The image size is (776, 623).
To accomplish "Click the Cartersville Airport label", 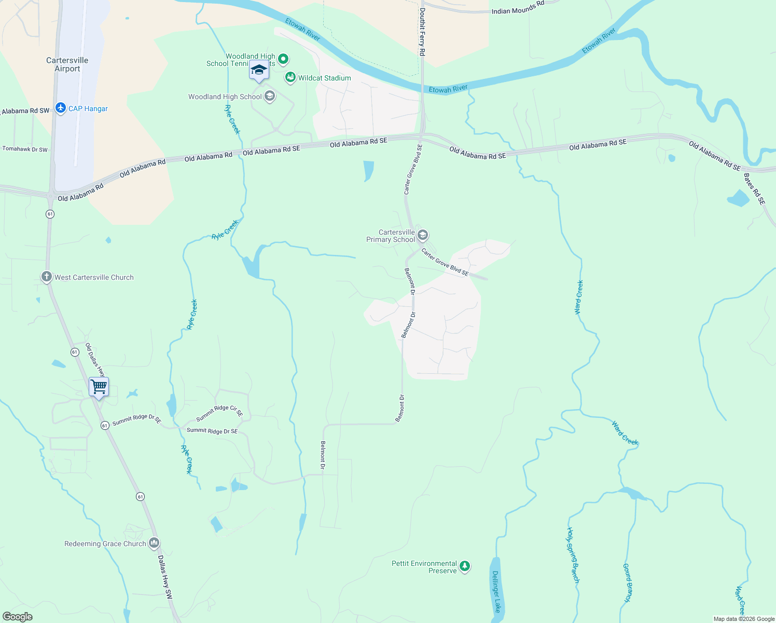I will [67, 64].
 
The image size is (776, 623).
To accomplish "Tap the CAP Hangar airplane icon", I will [61, 108].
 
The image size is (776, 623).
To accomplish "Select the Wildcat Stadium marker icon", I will [290, 78].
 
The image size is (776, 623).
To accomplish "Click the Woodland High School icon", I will [270, 96].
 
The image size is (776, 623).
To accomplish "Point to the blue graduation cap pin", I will [259, 70].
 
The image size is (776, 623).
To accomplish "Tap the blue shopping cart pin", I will [99, 387].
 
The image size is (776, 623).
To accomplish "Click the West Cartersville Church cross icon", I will [47, 277].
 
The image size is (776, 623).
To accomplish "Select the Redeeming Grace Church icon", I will [154, 544].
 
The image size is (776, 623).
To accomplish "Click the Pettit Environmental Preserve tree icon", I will [465, 566].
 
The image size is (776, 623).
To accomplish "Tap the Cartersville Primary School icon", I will [423, 236].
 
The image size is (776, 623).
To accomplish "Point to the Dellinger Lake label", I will [496, 591].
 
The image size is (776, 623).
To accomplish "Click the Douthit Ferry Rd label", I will [422, 32].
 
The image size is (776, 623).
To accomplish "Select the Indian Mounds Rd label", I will [518, 8].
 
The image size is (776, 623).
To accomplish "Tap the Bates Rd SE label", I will [754, 189].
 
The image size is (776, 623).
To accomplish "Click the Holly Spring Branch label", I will [573, 555].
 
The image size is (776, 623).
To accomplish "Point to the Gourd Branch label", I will [628, 583].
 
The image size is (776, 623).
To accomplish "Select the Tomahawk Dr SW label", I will [25, 149].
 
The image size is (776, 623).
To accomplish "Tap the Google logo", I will [17, 617].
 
